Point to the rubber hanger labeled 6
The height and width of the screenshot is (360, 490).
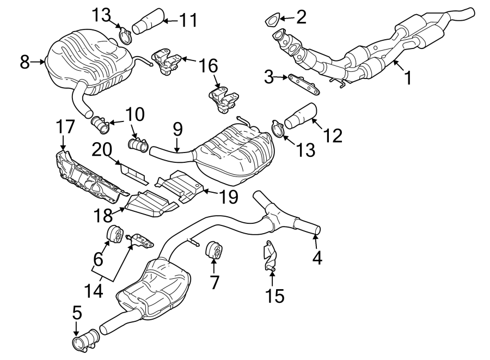pos(115,234)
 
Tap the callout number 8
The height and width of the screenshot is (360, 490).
pos(24,62)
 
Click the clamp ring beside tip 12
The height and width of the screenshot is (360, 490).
pos(278,130)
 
